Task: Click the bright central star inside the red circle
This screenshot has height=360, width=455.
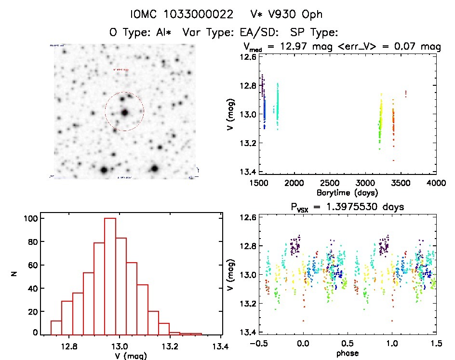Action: click(125, 112)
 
